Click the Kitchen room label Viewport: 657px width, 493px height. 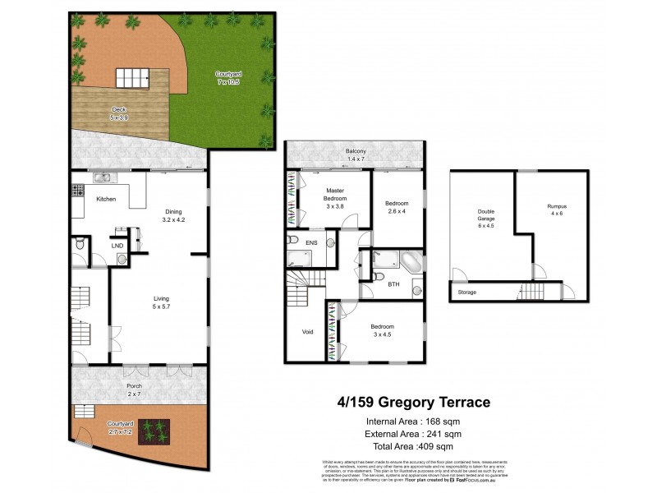click(106, 200)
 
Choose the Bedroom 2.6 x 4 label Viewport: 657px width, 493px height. click(397, 207)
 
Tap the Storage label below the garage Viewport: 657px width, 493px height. click(466, 292)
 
